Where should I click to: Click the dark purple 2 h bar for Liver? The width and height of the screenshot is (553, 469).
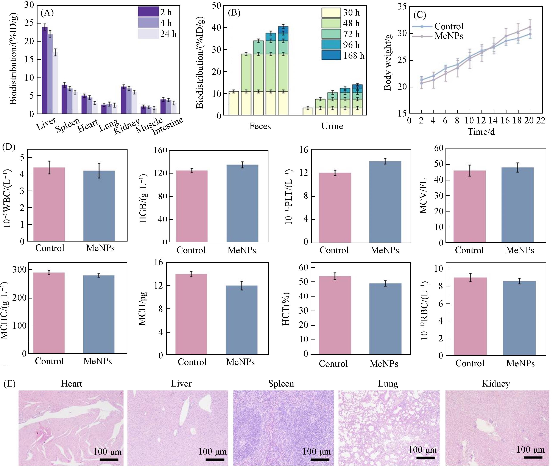45,70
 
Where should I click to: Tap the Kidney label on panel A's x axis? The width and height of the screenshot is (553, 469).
127,126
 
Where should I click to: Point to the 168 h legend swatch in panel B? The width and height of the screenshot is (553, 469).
331,55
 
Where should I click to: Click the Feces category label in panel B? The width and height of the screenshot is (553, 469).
260,126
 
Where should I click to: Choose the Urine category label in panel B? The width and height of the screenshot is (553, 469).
332,126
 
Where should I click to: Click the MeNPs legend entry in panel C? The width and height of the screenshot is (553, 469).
449,36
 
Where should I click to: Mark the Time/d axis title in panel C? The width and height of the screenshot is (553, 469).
481,132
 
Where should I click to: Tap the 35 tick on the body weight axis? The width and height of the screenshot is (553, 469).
402,6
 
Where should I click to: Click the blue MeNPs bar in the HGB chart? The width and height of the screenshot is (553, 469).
242,203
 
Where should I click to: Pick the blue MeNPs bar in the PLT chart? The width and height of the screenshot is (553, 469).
385,202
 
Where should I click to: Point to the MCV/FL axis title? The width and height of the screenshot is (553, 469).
424,196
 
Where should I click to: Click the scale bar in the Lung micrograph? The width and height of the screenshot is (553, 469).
425,458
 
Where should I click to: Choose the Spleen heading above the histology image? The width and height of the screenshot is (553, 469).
281,384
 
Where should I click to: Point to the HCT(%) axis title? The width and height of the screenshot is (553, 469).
286,309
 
